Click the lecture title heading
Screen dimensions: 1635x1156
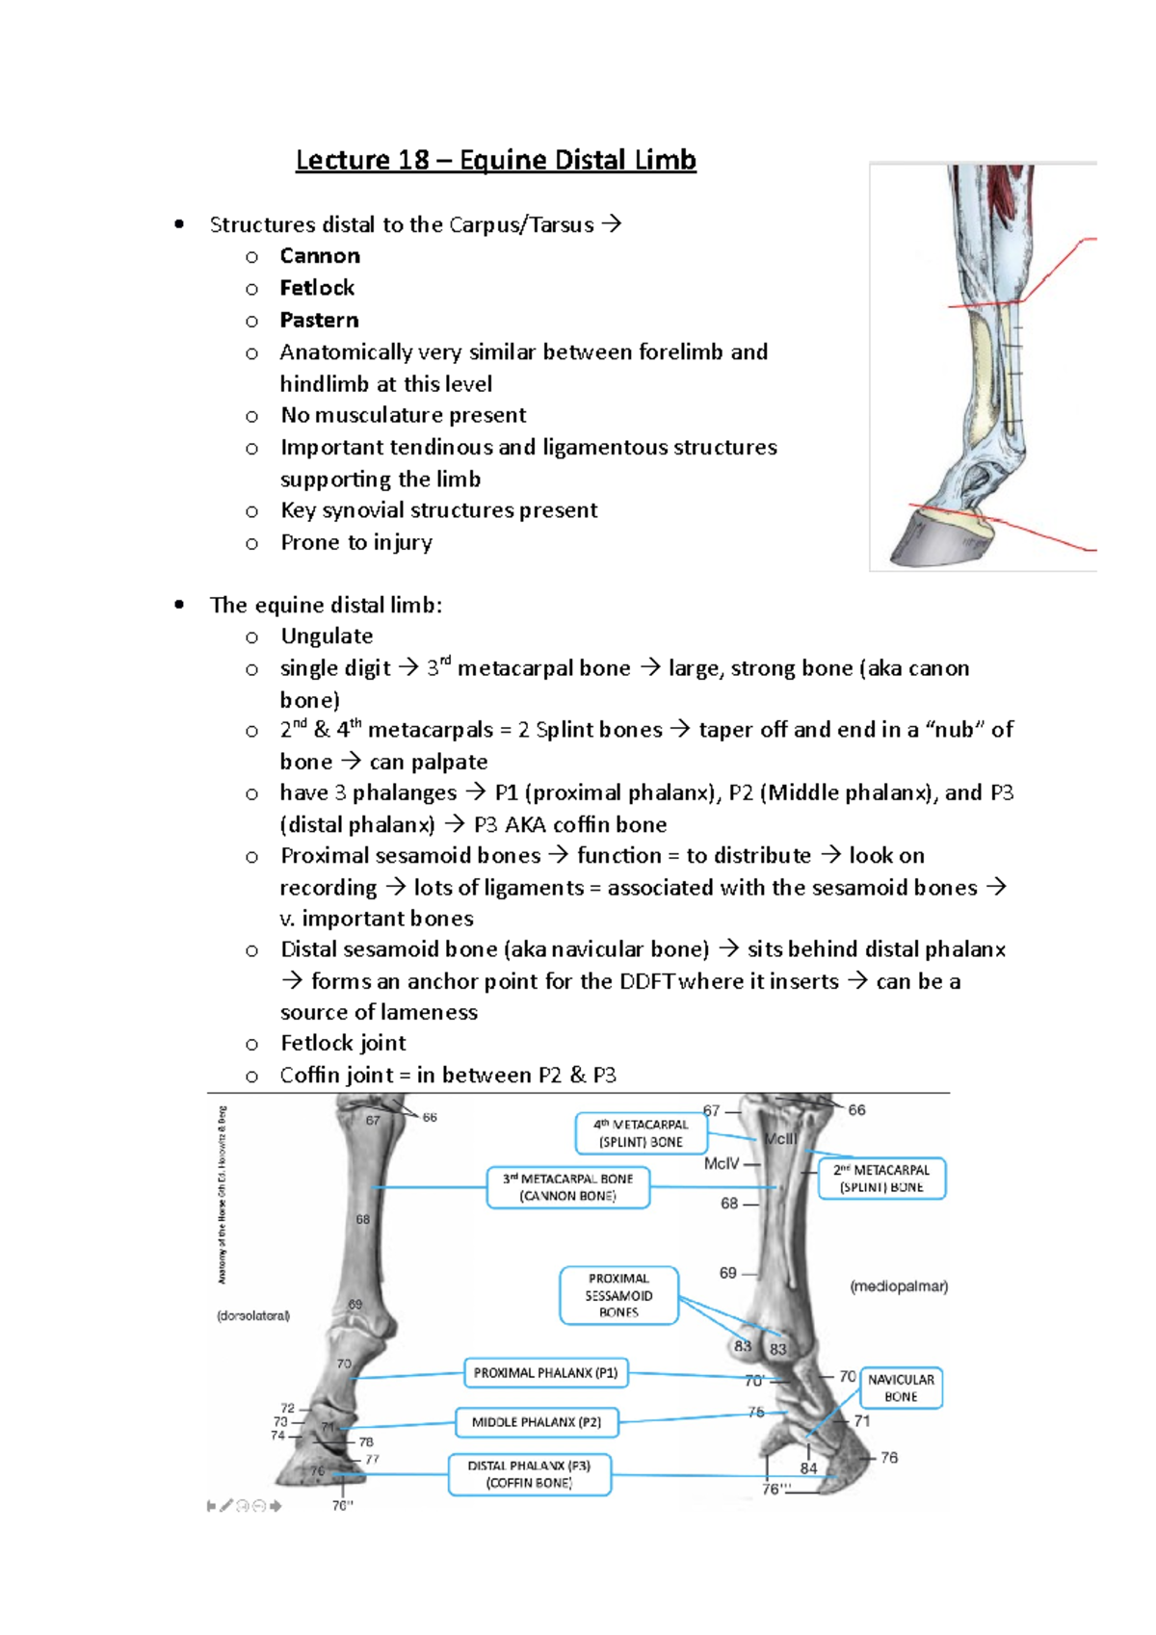(495, 160)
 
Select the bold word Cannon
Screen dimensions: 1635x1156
(320, 256)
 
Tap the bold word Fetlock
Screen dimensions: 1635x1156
(317, 288)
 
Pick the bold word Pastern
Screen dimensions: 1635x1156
(319, 320)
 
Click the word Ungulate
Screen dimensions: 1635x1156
(327, 636)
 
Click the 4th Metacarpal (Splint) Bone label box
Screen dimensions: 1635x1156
(641, 1133)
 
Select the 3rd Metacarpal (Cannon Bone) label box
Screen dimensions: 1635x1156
(567, 1187)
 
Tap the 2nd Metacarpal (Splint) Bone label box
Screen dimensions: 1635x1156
(881, 1179)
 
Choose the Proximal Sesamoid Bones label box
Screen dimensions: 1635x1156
(618, 1296)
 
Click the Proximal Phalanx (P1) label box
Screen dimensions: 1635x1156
(545, 1373)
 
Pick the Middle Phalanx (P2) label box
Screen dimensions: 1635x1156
(536, 1422)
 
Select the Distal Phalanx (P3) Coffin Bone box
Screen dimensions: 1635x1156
(529, 1474)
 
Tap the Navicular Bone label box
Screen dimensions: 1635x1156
(901, 1388)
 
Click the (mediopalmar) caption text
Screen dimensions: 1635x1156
(899, 1286)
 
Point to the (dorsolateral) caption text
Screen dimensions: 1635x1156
(253, 1315)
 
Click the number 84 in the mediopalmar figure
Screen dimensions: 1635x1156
(808, 1468)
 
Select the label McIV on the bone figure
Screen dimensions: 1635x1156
(722, 1163)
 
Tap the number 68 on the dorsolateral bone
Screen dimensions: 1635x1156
(363, 1219)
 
